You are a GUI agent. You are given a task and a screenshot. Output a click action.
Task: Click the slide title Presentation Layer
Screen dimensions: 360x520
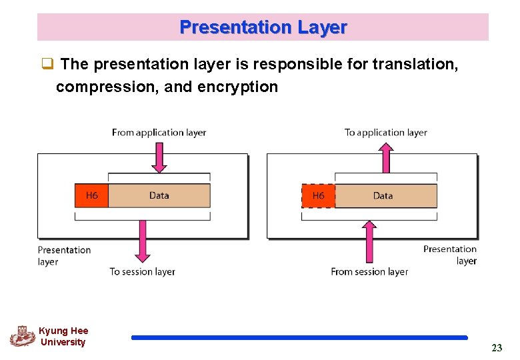point(263,27)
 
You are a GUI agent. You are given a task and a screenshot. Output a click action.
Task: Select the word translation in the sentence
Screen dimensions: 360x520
point(415,64)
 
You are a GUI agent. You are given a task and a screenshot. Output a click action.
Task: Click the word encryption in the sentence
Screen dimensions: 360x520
point(238,87)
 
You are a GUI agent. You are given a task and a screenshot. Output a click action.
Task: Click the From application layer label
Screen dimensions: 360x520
point(159,133)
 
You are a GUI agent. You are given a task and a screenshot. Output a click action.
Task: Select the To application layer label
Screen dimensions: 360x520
point(385,133)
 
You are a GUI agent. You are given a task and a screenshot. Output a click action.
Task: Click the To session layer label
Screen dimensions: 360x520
point(142,271)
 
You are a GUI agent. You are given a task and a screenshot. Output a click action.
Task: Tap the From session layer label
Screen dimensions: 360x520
point(369,271)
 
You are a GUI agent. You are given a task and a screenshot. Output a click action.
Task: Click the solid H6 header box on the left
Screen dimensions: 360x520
point(92,195)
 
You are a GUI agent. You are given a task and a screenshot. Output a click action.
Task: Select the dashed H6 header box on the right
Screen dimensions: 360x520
point(318,196)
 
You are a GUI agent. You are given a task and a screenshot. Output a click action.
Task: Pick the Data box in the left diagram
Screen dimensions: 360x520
point(159,195)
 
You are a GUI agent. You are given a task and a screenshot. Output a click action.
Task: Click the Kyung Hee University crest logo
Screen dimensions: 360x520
point(22,336)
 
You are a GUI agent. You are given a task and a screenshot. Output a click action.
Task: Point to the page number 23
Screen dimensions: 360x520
point(497,347)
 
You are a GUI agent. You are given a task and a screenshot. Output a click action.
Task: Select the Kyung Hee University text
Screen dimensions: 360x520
point(63,337)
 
